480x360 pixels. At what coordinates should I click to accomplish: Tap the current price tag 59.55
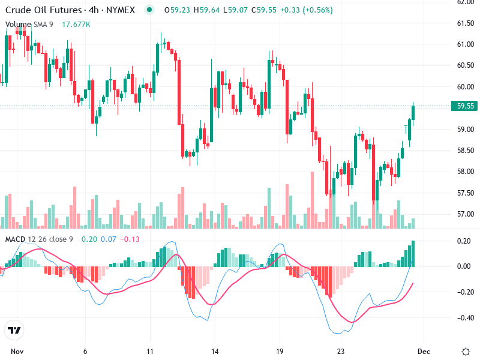pos(466,106)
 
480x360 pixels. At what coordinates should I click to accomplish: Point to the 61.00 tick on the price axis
pos(466,44)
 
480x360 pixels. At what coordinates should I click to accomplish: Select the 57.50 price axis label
pos(466,193)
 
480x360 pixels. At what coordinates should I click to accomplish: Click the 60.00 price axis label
pos(466,87)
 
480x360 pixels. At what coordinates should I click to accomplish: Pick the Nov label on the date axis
pos(17,352)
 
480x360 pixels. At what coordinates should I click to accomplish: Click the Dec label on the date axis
pos(424,352)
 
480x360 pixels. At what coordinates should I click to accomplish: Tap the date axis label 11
pos(150,352)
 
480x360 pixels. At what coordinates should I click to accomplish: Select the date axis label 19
pos(279,352)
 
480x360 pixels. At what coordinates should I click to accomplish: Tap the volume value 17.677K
pos(76,24)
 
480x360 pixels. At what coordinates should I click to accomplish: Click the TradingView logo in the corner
pos(14,330)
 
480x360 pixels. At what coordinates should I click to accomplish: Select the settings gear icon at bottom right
pos(466,352)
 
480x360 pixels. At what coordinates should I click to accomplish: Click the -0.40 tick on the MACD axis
pos(466,318)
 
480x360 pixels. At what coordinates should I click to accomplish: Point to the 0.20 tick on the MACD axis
pos(466,241)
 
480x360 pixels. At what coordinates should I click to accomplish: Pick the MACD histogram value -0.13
pos(130,239)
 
